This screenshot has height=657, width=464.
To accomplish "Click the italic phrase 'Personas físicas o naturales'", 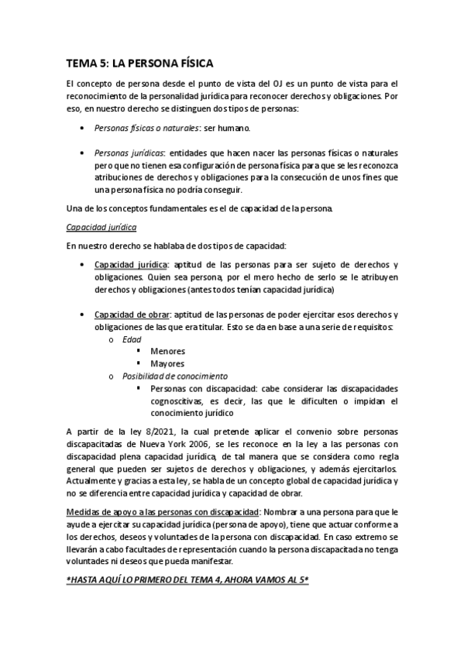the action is click(144, 129).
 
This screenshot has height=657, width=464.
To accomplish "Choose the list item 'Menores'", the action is click(167, 351).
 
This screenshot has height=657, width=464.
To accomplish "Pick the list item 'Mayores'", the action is click(167, 363).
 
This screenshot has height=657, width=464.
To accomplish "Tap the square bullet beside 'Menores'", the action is click(139, 351).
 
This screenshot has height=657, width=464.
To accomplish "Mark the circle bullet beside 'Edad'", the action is click(111, 339).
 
